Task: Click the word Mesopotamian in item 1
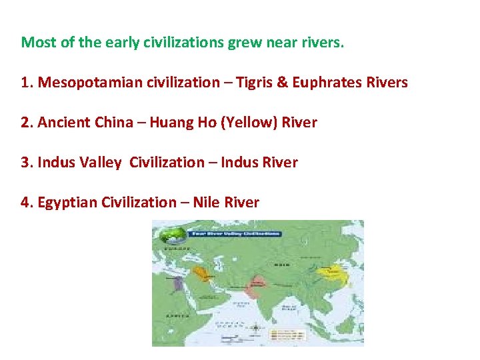coord(74,83)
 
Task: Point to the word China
coord(114,123)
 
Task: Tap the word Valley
coord(101,163)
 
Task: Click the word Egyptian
coord(67,203)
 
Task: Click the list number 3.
coord(26,163)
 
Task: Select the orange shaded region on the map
coord(201,273)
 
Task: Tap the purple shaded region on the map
coord(177,285)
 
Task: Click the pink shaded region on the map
coord(253,288)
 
